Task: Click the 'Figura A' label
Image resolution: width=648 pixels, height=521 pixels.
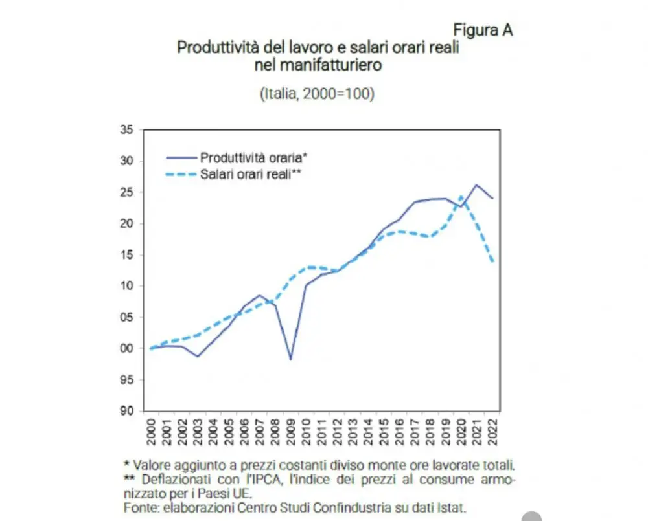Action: click(x=483, y=30)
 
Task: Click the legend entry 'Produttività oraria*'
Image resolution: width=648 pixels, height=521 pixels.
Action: click(x=253, y=157)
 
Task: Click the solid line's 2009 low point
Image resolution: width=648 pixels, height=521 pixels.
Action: click(x=290, y=359)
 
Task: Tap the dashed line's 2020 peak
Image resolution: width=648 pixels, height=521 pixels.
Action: click(x=461, y=196)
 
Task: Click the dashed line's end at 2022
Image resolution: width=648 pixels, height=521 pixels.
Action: click(x=493, y=261)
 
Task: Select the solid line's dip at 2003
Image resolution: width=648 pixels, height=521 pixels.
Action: click(x=198, y=357)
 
